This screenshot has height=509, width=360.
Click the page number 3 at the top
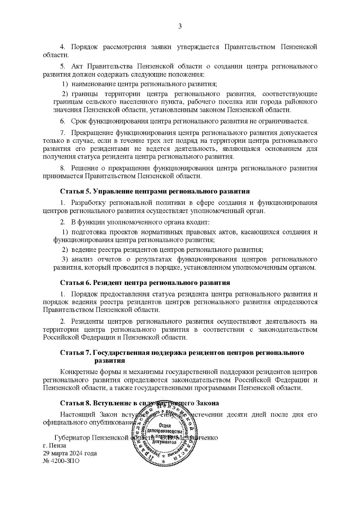(x=180, y=26)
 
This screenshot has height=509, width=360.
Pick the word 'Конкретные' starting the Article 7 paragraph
(x=77, y=372)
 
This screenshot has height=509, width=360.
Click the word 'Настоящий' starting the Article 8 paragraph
(x=75, y=415)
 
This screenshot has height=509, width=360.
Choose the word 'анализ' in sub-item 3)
(x=82, y=259)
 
